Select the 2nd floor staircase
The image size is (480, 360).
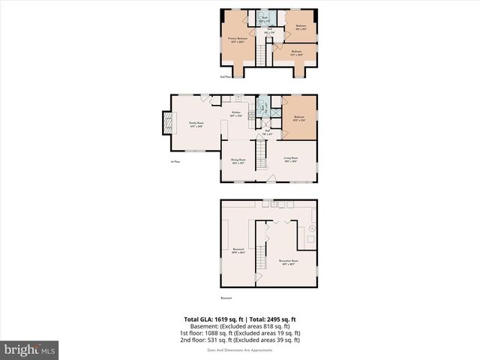[x=262, y=55]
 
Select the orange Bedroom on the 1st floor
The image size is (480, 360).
[x=299, y=118]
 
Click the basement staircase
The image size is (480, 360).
[x=262, y=259]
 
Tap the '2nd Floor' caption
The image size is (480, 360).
[x=225, y=77]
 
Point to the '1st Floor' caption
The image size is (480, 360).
[x=176, y=161]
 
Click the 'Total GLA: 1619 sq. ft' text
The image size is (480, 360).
[x=212, y=319]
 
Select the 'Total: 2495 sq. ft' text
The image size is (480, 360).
[x=273, y=319]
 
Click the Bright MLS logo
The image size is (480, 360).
[x=29, y=349]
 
